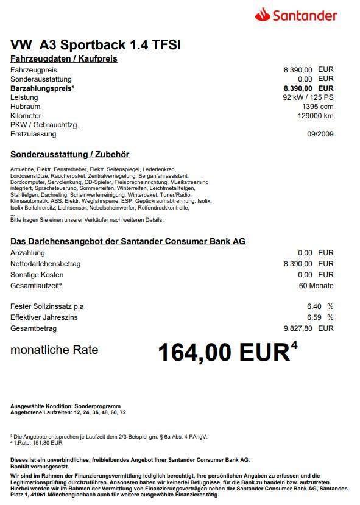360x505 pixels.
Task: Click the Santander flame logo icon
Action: click(x=263, y=13)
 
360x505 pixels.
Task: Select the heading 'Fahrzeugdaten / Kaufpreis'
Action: click(x=64, y=59)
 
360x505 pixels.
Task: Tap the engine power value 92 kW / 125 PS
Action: click(x=308, y=97)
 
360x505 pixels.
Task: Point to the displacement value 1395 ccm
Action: click(x=318, y=107)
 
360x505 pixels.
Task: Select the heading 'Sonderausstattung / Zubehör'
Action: click(x=70, y=155)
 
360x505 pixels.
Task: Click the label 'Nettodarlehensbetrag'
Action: click(x=46, y=264)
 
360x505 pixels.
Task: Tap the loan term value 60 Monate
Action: click(x=316, y=286)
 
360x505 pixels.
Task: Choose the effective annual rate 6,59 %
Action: click(x=320, y=317)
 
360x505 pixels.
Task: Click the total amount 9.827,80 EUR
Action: click(x=309, y=328)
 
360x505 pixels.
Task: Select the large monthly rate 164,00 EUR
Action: click(x=223, y=353)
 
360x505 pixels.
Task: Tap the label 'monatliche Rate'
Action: click(x=54, y=350)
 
